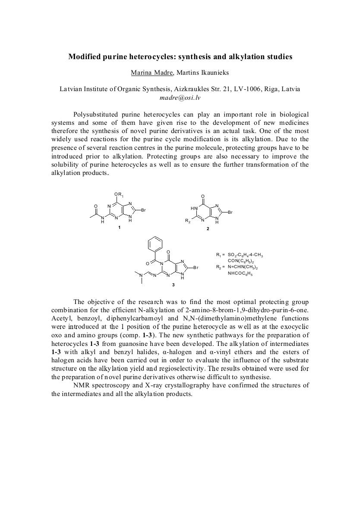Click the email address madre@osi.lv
coord(180,98)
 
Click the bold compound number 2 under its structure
coord(207,228)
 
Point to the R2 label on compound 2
coord(187,221)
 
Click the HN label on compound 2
coord(193,209)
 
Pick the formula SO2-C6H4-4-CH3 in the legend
coord(245,256)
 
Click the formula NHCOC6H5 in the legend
coord(240,273)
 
